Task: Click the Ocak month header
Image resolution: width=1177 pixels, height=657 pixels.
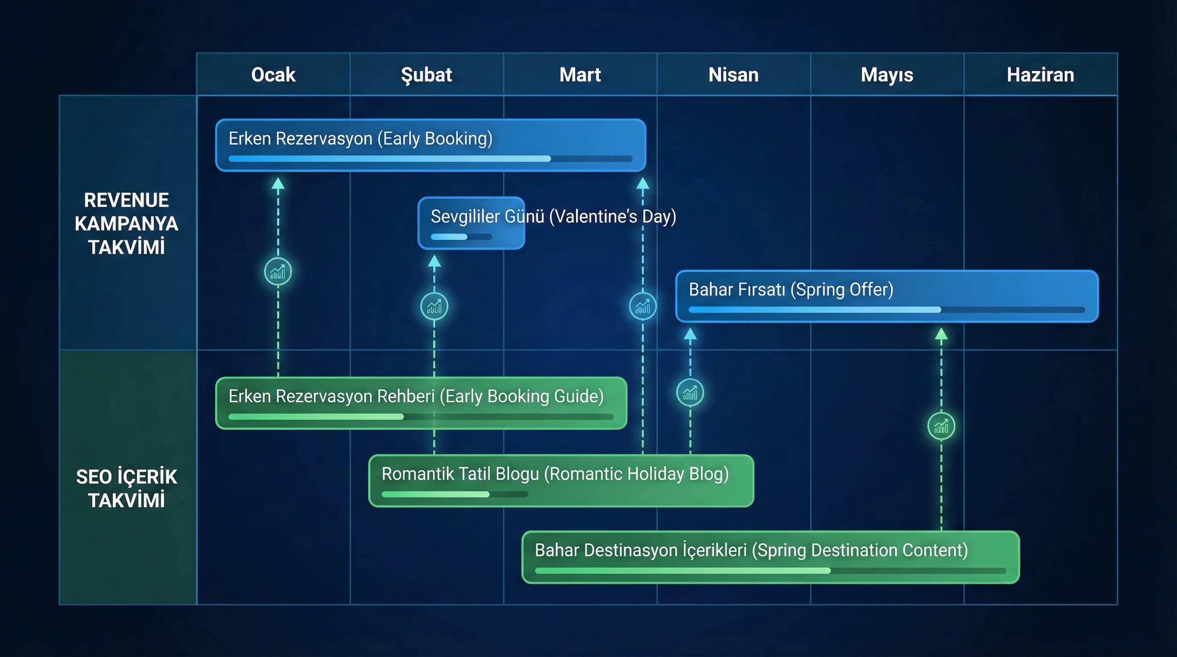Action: point(273,74)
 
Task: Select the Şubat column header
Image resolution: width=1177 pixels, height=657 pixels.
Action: point(426,74)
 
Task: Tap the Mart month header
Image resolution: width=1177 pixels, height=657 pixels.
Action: point(580,74)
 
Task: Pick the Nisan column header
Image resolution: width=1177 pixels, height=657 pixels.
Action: point(733,74)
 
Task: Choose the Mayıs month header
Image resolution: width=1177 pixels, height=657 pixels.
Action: point(887,74)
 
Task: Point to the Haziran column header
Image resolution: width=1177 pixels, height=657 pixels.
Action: point(1041,74)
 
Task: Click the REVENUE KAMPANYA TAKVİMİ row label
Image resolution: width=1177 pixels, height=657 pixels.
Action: point(127,223)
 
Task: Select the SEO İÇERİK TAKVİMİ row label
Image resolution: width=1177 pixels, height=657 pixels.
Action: point(127,488)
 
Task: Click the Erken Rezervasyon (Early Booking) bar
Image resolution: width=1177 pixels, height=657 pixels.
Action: point(430,145)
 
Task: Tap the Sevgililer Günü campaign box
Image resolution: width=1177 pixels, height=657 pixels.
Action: point(471,223)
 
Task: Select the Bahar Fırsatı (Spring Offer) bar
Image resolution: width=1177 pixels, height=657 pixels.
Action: point(887,296)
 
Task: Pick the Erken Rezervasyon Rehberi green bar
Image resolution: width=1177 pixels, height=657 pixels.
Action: point(421,403)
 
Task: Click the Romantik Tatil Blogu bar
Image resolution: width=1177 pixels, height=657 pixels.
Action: point(561,481)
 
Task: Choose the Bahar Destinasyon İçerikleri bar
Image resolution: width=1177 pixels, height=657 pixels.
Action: point(770,557)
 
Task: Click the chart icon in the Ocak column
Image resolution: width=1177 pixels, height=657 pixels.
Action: point(278,272)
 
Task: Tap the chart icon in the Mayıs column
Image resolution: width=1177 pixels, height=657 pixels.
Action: point(941,426)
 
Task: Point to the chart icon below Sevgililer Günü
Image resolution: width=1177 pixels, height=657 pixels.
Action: point(434,306)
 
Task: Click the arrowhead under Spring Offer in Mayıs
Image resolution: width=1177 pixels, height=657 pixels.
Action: point(941,334)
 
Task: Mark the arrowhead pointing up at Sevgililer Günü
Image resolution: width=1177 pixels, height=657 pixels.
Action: point(434,261)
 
